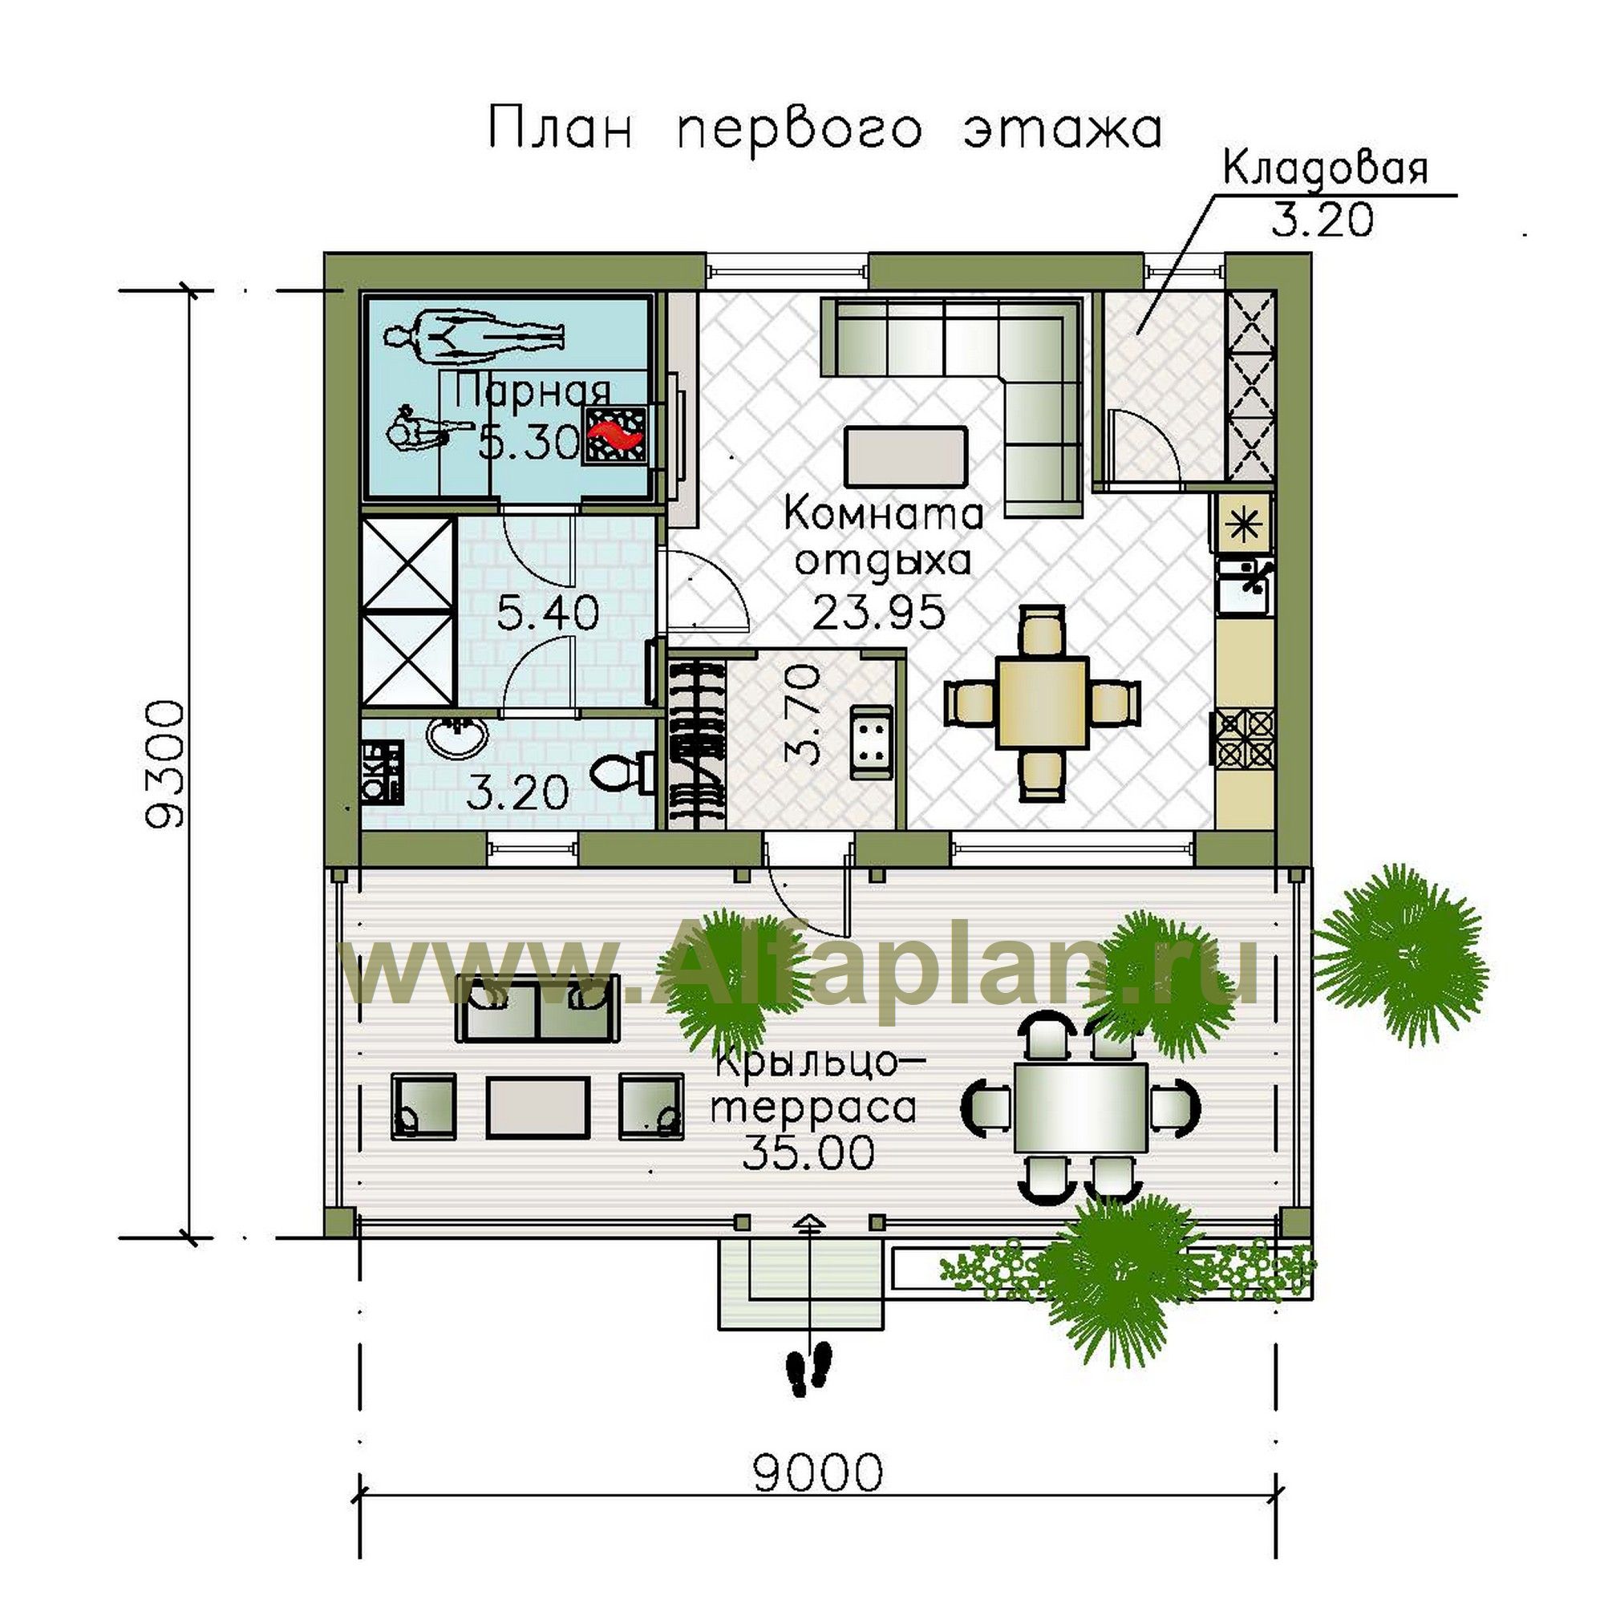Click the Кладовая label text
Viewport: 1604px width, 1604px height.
coord(1326,169)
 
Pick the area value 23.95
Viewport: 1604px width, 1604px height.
coord(880,613)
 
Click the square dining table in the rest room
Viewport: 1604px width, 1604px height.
coord(1043,702)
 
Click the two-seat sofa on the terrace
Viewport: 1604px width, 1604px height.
coord(537,1007)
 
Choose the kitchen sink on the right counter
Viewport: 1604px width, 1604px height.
coord(1244,585)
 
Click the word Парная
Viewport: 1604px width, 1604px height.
coord(533,391)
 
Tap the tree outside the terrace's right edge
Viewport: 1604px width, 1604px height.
coord(1401,957)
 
